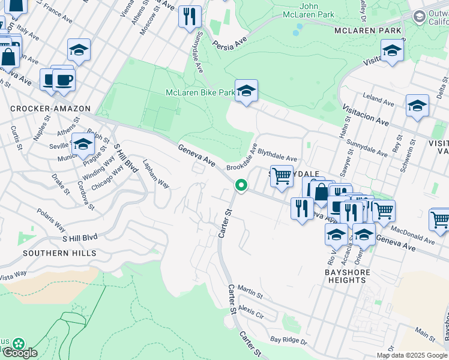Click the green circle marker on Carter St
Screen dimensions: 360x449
coord(241,186)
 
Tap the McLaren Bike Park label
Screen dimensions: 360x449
coord(200,92)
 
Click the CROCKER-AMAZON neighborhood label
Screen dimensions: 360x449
coord(50,109)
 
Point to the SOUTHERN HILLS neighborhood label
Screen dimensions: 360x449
coord(59,253)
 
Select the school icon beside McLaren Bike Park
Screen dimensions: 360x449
coord(246,92)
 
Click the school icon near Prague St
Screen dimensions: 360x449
coord(83,145)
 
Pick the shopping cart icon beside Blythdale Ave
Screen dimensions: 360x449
coord(282,177)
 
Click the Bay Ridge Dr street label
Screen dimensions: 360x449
coord(289,341)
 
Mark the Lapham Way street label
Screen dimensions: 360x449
coord(155,174)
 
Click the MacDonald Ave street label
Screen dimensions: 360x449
coord(412,235)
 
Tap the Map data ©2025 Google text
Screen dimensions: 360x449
coord(411,355)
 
